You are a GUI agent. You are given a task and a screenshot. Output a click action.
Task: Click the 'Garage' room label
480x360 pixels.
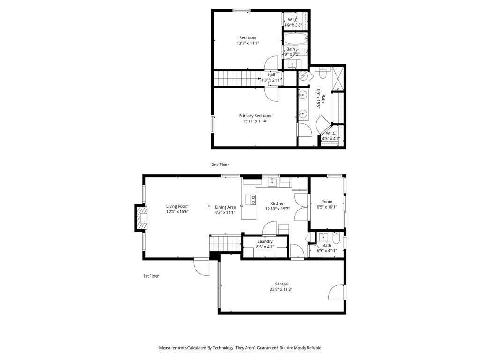tap(281, 284)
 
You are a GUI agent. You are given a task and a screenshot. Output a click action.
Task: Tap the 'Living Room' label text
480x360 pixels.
tap(177, 206)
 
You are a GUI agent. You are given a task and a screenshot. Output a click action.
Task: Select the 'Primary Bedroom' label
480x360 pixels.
tap(255, 116)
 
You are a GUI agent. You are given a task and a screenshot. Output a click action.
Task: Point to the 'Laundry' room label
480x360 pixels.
tap(265, 241)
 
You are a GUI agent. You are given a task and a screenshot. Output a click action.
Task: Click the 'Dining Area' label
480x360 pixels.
tap(225, 207)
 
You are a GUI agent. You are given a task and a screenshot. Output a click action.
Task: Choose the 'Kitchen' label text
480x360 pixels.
tap(277, 203)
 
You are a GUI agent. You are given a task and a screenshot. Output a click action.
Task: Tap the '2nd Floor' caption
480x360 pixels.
tap(220, 165)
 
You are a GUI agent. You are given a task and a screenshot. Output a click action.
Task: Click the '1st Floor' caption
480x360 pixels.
tap(151, 276)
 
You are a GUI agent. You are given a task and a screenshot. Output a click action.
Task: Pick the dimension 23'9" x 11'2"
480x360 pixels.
tap(281, 290)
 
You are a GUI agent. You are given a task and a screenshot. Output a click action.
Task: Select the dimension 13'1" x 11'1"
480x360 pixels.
tap(247, 43)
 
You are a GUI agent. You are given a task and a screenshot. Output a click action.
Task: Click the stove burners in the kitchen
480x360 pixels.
tap(253, 200)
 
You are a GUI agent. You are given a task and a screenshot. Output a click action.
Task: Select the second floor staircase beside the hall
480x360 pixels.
tap(237, 78)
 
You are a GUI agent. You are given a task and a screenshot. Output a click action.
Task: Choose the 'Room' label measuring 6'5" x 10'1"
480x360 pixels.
tap(327, 202)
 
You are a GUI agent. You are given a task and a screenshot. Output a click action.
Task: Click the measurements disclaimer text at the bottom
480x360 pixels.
tap(240, 348)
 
